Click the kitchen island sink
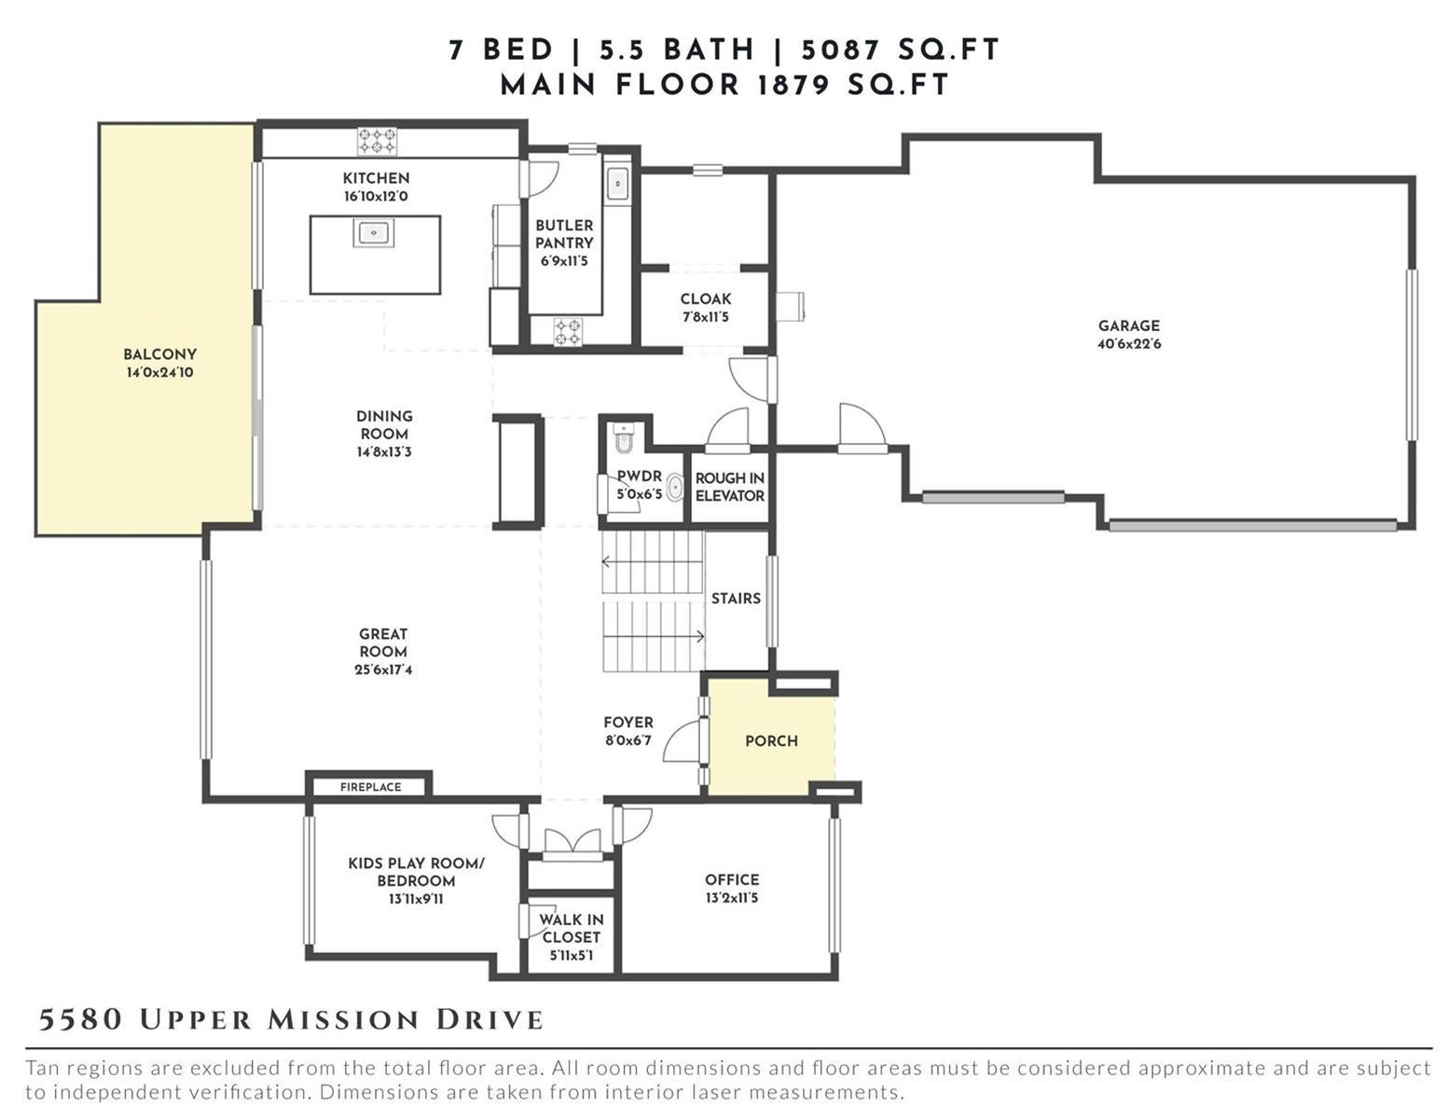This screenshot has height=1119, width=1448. point(373,232)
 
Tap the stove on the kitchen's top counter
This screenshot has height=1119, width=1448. point(378,142)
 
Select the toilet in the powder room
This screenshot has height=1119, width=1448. point(624,436)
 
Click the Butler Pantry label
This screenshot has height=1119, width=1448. point(564,234)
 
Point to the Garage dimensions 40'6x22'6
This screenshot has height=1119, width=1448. point(1129,344)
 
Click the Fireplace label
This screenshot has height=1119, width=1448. point(370,787)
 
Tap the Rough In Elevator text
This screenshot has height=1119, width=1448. point(730,487)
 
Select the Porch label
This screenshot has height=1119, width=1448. point(771,741)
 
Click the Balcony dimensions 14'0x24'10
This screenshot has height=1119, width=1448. point(160,373)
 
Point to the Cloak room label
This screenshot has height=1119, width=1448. point(706,299)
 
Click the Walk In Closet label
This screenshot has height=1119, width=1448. point(571,929)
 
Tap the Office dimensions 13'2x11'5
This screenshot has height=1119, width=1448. point(732,898)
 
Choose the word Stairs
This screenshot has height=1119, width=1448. point(736,599)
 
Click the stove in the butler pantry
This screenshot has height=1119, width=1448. point(569,331)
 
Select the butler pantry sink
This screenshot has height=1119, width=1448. point(618,184)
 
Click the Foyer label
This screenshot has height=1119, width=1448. point(628,723)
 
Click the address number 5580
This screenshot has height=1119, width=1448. point(80,1020)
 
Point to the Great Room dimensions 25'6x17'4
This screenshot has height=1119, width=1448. point(383,670)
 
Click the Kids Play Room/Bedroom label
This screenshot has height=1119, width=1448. point(417,872)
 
